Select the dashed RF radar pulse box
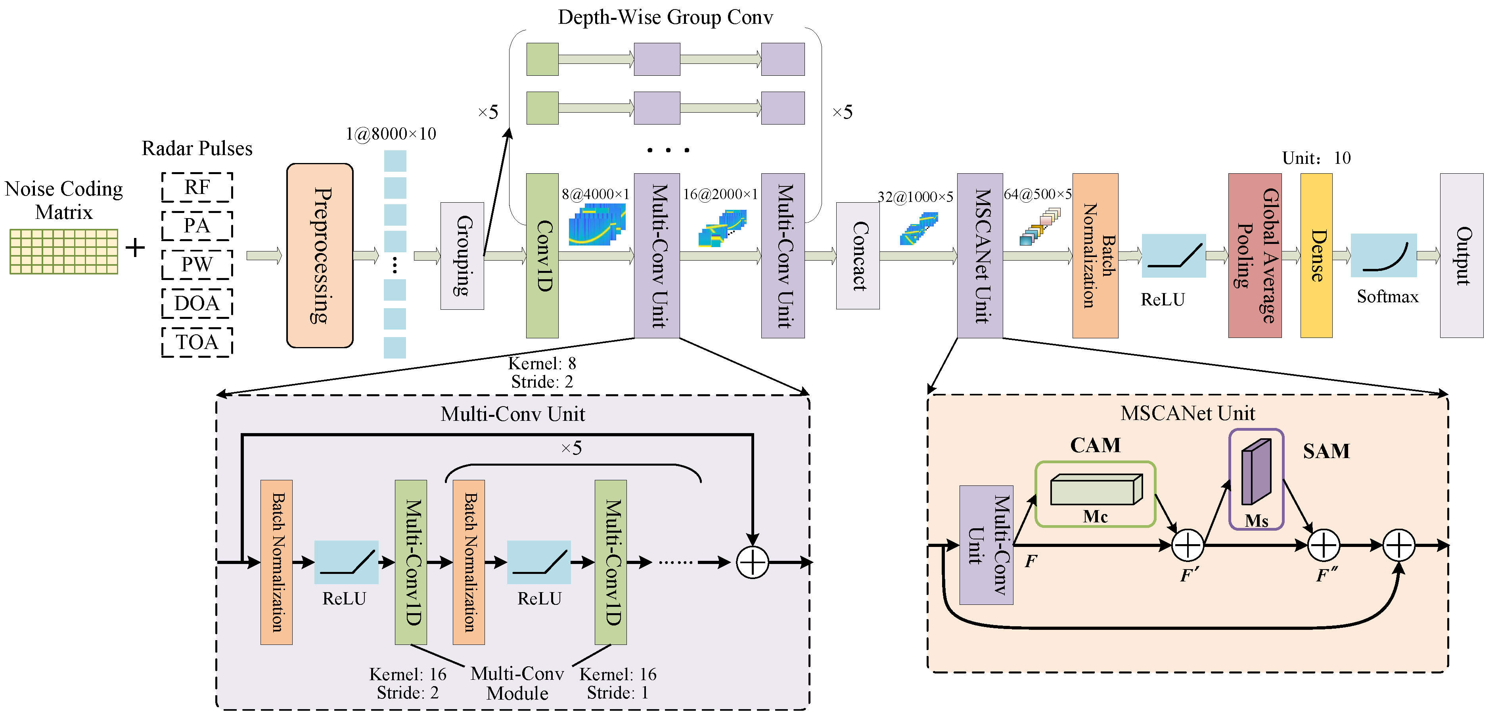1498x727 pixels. point(197,187)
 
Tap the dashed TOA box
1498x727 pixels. point(197,342)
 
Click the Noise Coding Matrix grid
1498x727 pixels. point(64,251)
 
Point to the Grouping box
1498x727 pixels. point(462,256)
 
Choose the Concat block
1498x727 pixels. point(858,256)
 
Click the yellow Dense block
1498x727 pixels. point(1316,255)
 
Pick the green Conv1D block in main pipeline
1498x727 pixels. point(542,255)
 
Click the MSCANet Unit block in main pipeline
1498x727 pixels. point(980,255)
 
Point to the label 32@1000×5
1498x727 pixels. point(915,197)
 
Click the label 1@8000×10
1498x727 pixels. point(391,134)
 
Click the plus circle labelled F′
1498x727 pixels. point(1188,545)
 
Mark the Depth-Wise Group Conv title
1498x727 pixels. point(665,17)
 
